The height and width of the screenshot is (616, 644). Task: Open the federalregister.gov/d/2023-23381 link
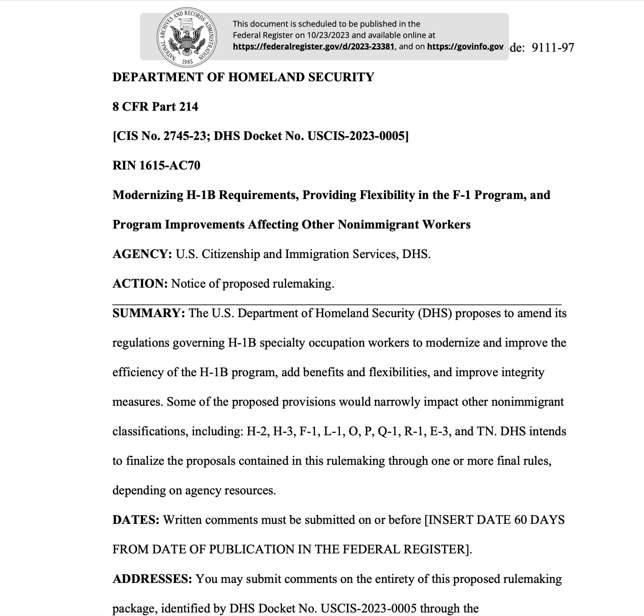point(313,47)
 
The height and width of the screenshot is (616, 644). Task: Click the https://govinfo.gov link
point(465,47)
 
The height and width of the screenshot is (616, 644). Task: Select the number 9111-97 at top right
point(553,48)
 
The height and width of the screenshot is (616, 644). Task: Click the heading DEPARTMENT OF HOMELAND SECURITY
point(243,77)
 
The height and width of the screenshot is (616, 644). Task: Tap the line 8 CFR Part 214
point(155,107)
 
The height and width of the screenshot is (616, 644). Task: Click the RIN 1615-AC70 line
point(156,166)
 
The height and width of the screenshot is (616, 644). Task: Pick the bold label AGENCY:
point(142,254)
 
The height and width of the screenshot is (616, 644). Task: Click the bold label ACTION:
point(140,284)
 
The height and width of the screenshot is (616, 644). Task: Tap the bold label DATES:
point(136,520)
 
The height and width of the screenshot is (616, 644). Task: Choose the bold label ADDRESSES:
point(152,579)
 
